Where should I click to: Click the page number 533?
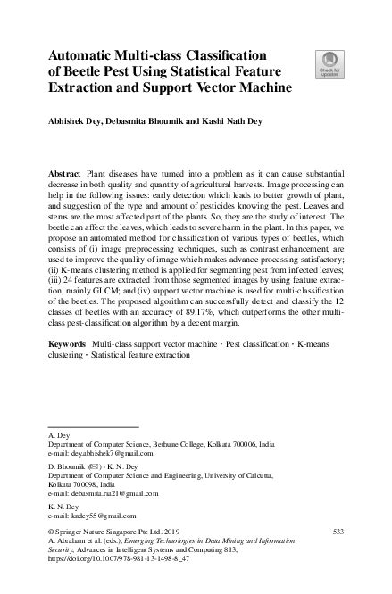(x=338, y=532)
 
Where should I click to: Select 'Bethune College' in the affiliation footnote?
(x=191, y=443)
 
